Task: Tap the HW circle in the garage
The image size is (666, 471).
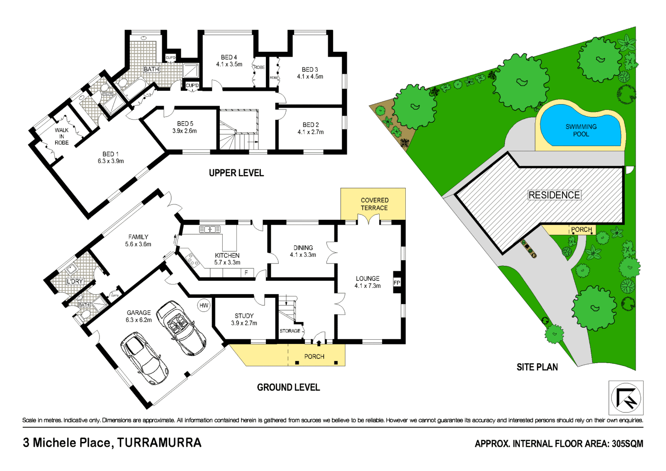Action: [204, 305]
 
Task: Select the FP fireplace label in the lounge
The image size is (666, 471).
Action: [397, 283]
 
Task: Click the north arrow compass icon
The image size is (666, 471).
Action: [626, 398]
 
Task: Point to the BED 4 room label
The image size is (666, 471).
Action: [229, 58]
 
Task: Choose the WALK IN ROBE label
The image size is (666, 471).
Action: [62, 137]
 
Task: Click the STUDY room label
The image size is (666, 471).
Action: [244, 316]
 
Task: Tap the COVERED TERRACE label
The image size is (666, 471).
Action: [374, 204]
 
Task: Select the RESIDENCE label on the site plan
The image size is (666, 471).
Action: [554, 195]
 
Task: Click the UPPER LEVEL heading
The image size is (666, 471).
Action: [236, 173]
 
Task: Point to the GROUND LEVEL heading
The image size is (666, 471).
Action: [288, 388]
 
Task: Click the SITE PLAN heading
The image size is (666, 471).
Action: [537, 367]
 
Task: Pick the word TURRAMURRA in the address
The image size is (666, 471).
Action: [159, 443]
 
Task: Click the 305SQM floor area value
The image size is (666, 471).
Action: [627, 444]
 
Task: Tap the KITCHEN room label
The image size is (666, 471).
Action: [227, 255]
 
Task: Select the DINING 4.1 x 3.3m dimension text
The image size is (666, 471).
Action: [303, 255]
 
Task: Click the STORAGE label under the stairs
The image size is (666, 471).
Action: [290, 331]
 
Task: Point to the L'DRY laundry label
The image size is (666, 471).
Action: [75, 282]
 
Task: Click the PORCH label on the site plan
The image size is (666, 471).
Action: [581, 230]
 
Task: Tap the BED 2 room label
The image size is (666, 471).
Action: [311, 125]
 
